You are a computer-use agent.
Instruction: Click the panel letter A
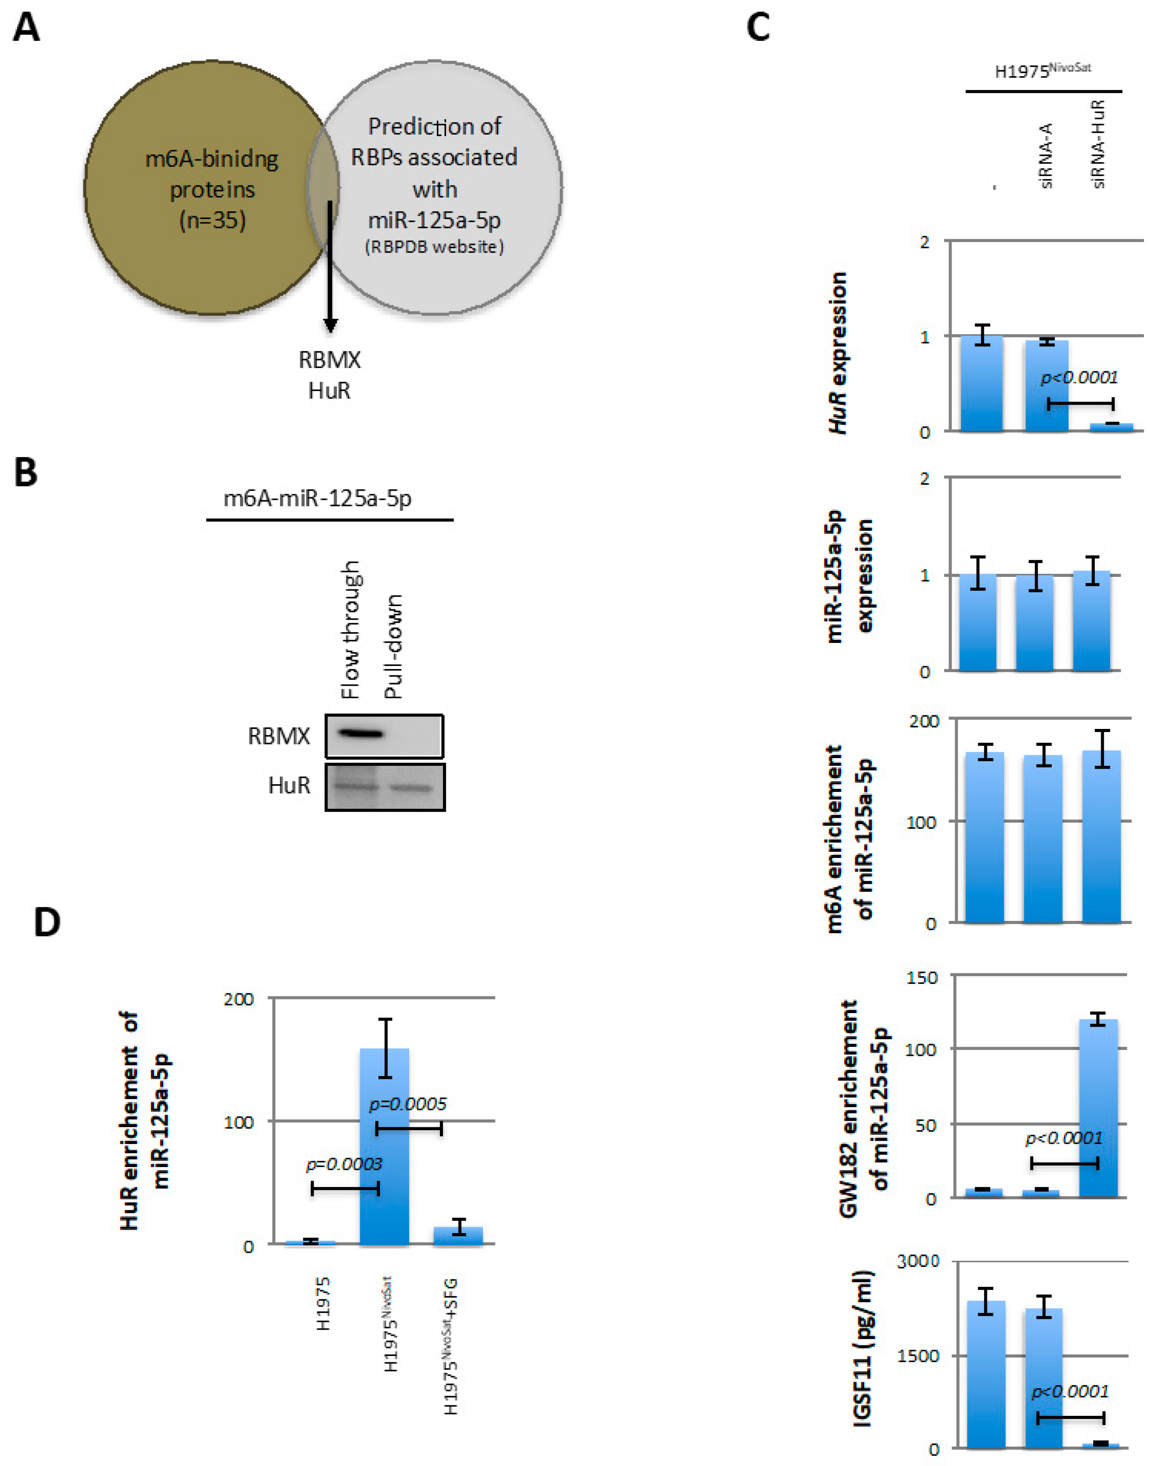coord(26,29)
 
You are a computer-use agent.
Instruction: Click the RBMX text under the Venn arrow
coord(329,360)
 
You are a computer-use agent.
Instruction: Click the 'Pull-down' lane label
coord(392,646)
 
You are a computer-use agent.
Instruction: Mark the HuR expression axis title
coord(838,353)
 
